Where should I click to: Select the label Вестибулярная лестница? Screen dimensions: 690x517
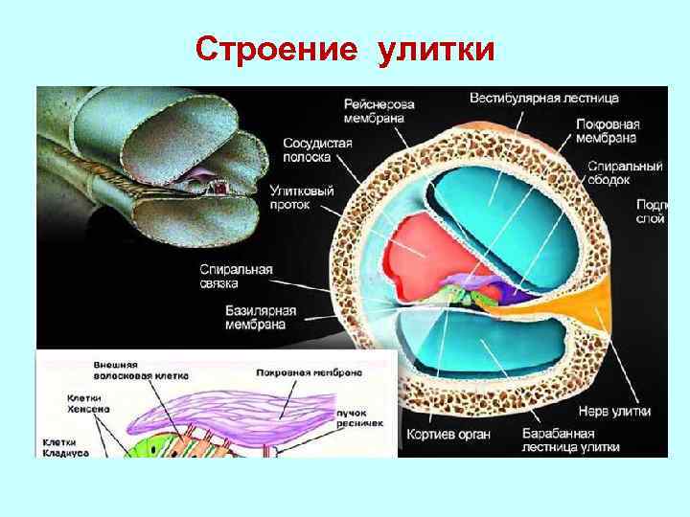(x=543, y=98)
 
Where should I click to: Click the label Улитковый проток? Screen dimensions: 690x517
(x=302, y=197)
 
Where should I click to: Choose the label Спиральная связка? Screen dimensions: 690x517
(x=236, y=277)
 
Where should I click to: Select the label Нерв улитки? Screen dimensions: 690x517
(x=623, y=412)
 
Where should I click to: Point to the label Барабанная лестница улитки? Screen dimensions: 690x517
(x=571, y=440)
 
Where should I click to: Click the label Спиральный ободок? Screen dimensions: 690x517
(x=625, y=172)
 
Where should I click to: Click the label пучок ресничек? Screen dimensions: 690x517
(x=359, y=416)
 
